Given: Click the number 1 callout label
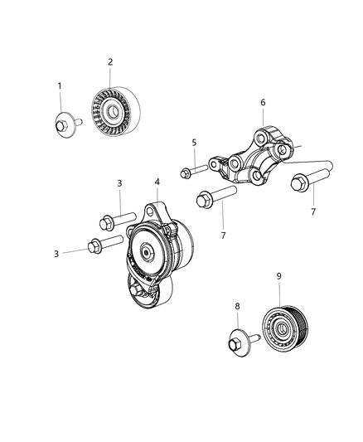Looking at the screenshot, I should tap(60, 86).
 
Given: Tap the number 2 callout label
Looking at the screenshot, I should tap(110, 61).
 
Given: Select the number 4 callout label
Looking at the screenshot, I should tap(157, 182).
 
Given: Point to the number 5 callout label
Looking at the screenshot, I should tap(195, 143).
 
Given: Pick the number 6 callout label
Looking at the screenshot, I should tap(264, 103).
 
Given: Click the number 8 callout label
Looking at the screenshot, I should tap(237, 306).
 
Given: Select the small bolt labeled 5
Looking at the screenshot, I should tap(193, 172).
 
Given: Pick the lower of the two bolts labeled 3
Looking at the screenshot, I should tap(104, 245).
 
